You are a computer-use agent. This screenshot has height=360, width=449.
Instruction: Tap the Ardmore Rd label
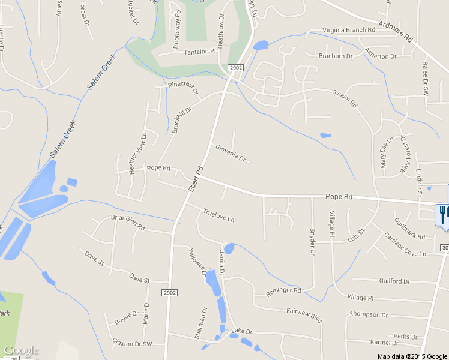tap(397, 32)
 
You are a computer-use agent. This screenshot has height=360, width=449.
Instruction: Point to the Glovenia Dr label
tap(231, 153)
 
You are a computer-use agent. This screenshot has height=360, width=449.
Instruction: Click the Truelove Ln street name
tap(218, 215)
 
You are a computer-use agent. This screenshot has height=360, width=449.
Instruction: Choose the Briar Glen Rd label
tap(128, 223)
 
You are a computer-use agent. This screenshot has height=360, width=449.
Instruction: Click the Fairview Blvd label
tap(304, 316)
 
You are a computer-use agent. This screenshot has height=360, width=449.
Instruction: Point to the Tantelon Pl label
tap(199, 52)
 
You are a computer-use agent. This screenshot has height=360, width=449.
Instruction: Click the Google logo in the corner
tap(21, 350)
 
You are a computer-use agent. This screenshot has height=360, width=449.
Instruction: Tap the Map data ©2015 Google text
tap(412, 356)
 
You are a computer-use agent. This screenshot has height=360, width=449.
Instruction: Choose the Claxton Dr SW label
tap(132, 343)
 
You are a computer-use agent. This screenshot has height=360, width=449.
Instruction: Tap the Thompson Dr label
tap(369, 314)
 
